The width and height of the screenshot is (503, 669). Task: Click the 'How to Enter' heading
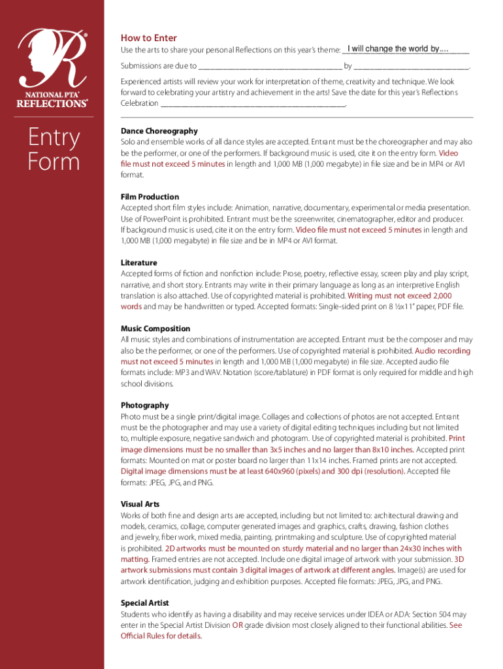click(x=148, y=38)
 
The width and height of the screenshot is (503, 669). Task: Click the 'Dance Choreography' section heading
click(x=159, y=131)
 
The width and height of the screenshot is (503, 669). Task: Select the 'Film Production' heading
click(x=150, y=197)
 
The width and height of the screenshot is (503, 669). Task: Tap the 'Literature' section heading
click(x=138, y=263)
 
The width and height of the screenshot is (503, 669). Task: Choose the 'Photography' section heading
click(x=144, y=405)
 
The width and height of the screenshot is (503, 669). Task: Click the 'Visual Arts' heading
click(x=140, y=504)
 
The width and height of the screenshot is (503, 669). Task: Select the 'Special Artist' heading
click(x=144, y=602)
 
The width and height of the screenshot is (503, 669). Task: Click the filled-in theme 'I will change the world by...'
click(x=398, y=49)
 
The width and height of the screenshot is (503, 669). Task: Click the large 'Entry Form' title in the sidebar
click(x=54, y=149)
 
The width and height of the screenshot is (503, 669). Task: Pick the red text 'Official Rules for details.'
click(x=161, y=636)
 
